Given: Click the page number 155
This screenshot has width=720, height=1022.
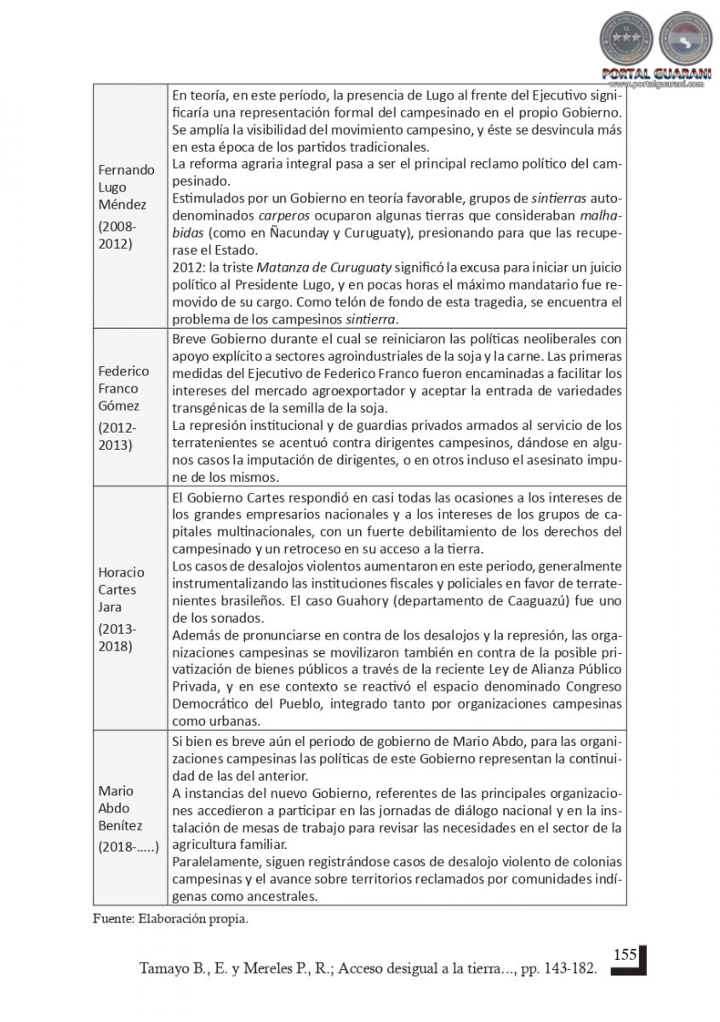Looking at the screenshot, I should tap(625, 954).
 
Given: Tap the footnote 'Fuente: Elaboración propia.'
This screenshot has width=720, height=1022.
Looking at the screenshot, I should tap(170, 919).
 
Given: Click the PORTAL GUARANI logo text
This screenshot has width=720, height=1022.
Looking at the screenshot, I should tap(655, 73).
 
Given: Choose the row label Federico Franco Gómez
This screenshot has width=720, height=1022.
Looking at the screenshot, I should tap(124, 388).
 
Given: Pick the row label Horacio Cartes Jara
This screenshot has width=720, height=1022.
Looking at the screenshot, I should tap(121, 590).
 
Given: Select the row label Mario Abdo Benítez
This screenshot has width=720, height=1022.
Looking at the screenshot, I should tap(120, 808).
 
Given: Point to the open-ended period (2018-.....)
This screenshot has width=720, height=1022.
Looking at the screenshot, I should tap(128, 847).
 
